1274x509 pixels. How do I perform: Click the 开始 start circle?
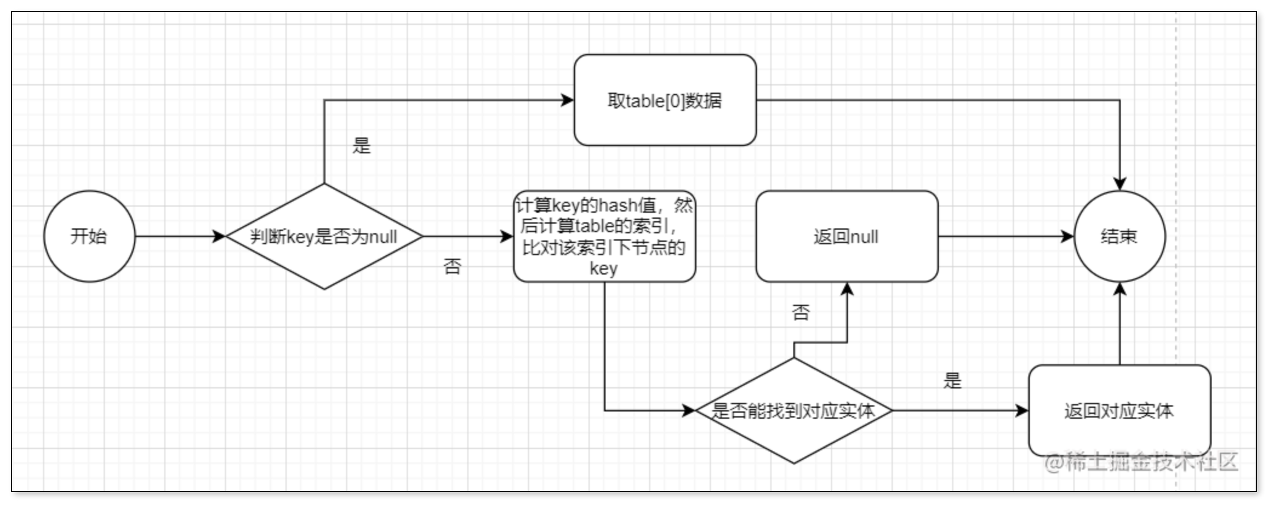tap(89, 236)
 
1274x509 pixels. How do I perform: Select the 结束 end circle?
tap(1119, 236)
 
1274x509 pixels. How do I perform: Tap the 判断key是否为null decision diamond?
tap(324, 236)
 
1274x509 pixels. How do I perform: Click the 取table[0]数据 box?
tap(665, 100)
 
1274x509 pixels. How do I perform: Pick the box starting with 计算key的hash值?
tap(604, 236)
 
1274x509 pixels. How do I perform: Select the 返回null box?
tap(847, 236)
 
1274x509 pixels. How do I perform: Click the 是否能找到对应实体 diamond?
tap(794, 411)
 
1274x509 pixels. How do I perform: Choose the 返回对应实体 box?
tap(1119, 411)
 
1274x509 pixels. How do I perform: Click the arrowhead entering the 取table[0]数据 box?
tap(567, 100)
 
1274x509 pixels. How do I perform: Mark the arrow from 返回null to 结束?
tap(1006, 236)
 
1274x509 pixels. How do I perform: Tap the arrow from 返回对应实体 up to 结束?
tap(1119, 324)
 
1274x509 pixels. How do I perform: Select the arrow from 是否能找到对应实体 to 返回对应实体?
tap(961, 411)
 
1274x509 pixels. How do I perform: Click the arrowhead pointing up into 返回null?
tap(847, 290)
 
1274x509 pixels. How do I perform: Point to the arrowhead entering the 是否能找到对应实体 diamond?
tap(689, 411)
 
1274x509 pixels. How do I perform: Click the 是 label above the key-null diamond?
tap(361, 145)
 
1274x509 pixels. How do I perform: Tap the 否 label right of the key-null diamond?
tap(452, 267)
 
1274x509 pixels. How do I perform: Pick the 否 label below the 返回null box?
tap(801, 313)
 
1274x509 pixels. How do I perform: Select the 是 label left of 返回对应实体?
tap(952, 381)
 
